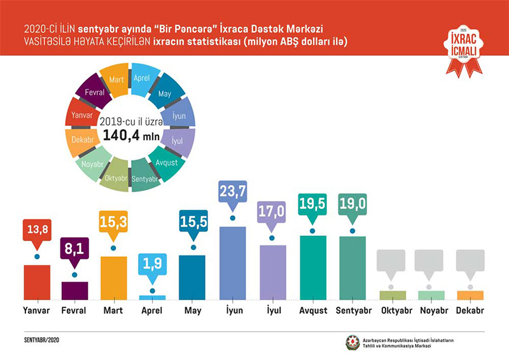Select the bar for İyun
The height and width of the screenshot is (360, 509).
(232, 263)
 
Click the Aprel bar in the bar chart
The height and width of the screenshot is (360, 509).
(152, 297)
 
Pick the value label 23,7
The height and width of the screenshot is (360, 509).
(232, 191)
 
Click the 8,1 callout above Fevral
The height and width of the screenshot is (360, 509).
(74, 249)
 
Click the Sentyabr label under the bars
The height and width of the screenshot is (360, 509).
(354, 311)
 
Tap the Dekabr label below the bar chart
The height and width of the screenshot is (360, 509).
(470, 311)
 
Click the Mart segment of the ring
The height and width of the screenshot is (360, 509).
(116, 80)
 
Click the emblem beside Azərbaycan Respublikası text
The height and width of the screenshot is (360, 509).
(352, 342)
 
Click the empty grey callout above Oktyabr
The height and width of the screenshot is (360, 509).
(393, 261)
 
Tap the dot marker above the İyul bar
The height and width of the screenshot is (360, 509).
(272, 238)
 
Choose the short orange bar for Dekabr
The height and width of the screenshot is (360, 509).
(470, 295)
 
